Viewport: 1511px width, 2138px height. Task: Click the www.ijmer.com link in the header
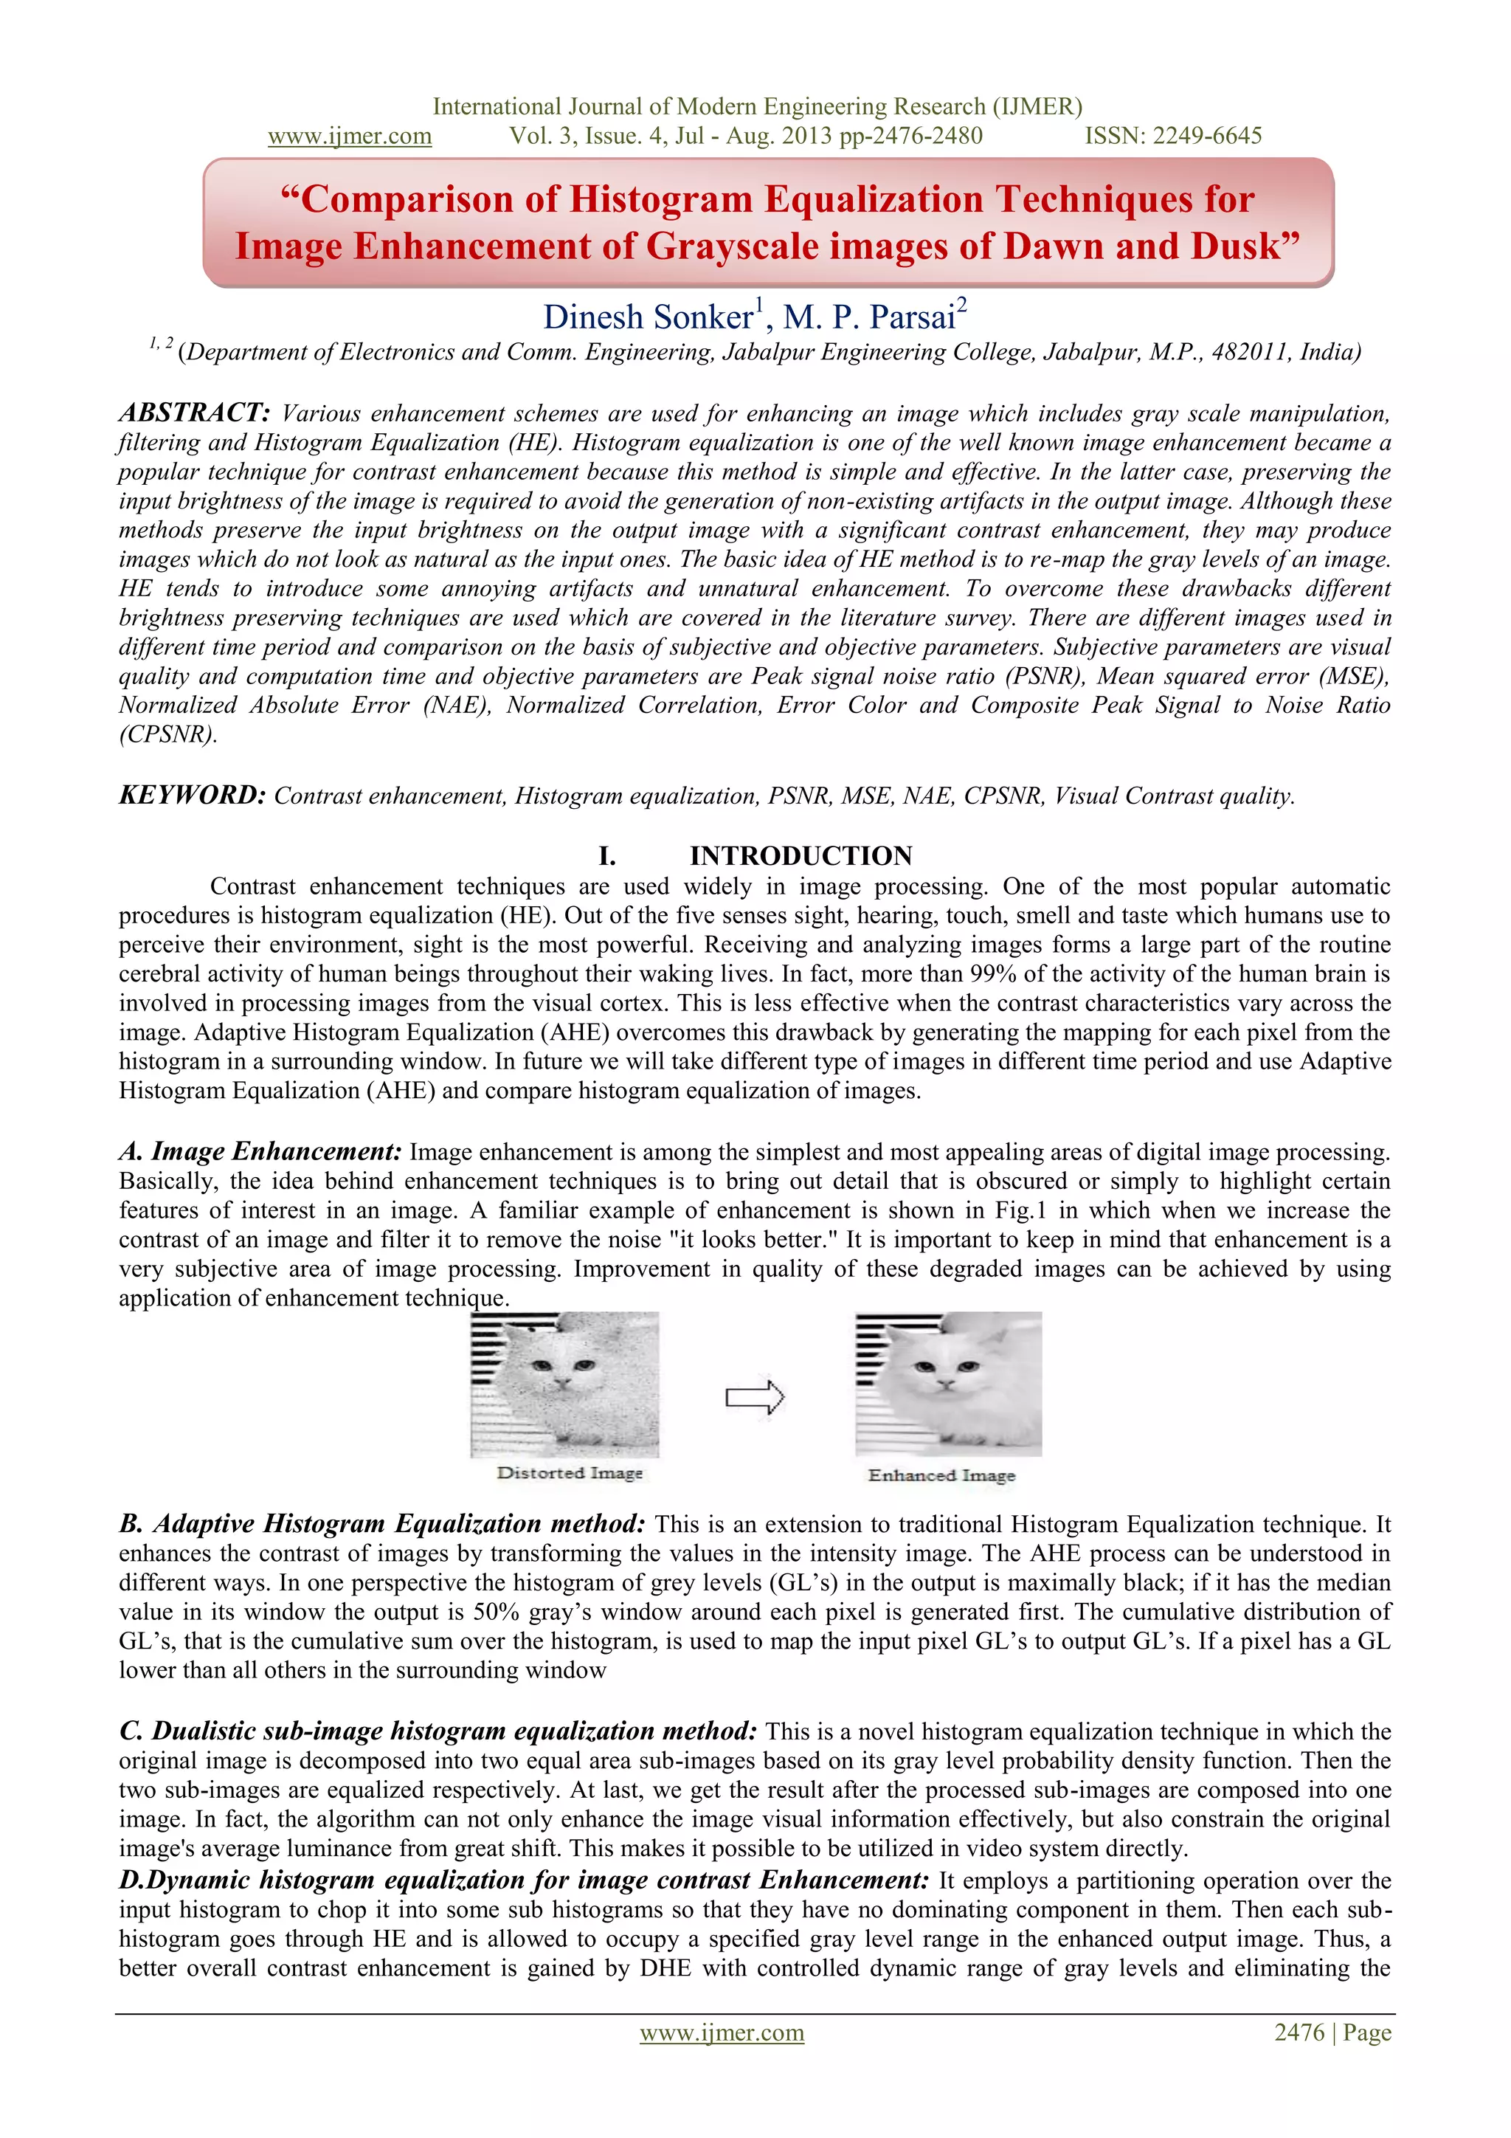tap(349, 136)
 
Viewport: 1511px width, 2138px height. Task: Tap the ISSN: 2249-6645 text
tap(1173, 136)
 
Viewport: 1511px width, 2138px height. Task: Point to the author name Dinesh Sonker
tap(648, 317)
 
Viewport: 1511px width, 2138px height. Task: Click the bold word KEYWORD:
tap(193, 796)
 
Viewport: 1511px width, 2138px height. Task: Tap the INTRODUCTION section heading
tap(801, 856)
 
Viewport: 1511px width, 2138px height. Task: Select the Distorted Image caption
tap(570, 1473)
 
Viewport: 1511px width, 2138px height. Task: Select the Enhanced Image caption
tap(941, 1476)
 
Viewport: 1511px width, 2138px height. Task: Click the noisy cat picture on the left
tap(564, 1384)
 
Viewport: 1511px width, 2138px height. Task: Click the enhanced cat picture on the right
tap(948, 1383)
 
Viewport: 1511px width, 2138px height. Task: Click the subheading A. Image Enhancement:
tap(260, 1152)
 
